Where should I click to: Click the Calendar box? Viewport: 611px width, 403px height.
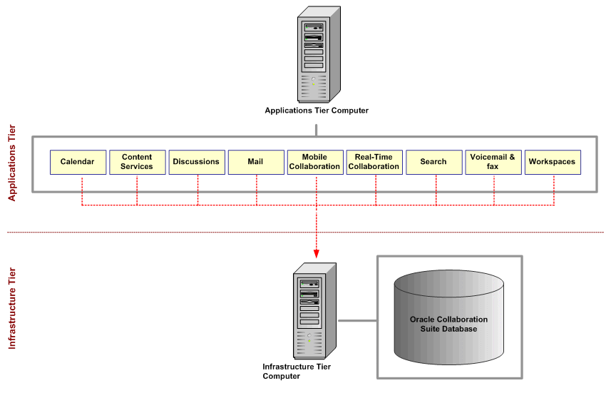pyautogui.click(x=78, y=162)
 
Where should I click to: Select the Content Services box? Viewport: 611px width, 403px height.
pyautogui.click(x=137, y=162)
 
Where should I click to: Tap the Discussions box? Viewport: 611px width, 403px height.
pyautogui.click(x=196, y=162)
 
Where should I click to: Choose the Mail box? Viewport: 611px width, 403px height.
pyautogui.click(x=255, y=162)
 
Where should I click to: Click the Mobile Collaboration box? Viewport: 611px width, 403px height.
pyautogui.click(x=314, y=162)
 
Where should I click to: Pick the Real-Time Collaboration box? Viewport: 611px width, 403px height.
pyautogui.click(x=374, y=162)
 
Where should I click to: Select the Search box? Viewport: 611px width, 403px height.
pyautogui.click(x=433, y=162)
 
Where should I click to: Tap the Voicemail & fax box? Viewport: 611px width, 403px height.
pyautogui.click(x=493, y=162)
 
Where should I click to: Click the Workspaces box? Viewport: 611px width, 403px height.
pyautogui.click(x=552, y=162)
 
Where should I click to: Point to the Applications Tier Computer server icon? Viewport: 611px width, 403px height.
pyautogui.click(x=317, y=54)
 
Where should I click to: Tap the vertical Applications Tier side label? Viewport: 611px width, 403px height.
pyautogui.click(x=12, y=163)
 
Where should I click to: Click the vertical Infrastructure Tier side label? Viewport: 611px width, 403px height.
pyautogui.click(x=12, y=308)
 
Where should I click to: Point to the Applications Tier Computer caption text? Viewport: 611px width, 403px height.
pyautogui.click(x=317, y=111)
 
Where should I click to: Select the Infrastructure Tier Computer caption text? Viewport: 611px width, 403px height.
pyautogui.click(x=297, y=372)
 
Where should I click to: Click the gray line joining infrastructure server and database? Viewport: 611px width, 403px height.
pyautogui.click(x=356, y=320)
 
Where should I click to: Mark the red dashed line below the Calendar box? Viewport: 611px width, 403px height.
pyautogui.click(x=81, y=190)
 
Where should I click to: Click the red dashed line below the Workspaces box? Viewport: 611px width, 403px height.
pyautogui.click(x=554, y=190)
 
